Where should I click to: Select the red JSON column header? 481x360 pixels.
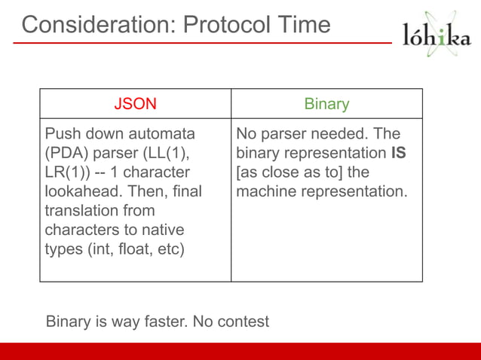[x=135, y=104]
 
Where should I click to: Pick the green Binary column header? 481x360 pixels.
[x=326, y=104]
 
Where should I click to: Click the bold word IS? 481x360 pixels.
[x=399, y=154]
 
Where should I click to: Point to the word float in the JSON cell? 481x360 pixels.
[x=117, y=249]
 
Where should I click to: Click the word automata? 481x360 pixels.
[x=161, y=134]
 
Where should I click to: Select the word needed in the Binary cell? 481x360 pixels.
[x=337, y=134]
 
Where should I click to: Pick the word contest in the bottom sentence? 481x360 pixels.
[x=243, y=322]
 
